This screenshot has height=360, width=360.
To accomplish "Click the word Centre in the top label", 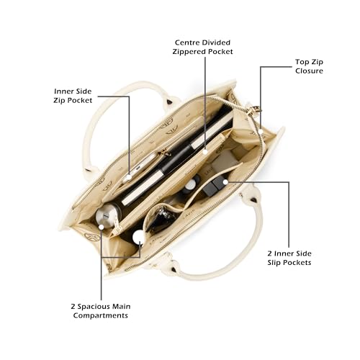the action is (186, 42).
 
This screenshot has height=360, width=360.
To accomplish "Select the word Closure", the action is (309, 71).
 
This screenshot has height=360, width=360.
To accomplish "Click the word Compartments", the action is (101, 315).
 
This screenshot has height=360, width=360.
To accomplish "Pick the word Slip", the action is (274, 263).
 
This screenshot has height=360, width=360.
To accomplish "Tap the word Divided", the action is (215, 42).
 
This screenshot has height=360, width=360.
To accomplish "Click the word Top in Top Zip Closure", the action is (302, 62).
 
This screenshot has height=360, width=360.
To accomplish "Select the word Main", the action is (122, 307).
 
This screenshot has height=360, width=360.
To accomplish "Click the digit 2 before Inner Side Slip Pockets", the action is (269, 253).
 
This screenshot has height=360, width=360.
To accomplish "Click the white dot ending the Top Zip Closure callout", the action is (261, 132).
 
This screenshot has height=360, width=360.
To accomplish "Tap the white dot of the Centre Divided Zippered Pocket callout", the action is (205, 152).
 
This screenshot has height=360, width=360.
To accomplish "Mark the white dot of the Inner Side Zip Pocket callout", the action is (129, 177).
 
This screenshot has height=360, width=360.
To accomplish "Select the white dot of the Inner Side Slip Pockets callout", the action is (225, 182).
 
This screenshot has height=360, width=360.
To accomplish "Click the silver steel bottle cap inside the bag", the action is (106, 215).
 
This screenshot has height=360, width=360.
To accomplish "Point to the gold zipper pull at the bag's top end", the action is (254, 109).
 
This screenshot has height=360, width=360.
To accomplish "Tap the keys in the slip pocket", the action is (164, 216).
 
